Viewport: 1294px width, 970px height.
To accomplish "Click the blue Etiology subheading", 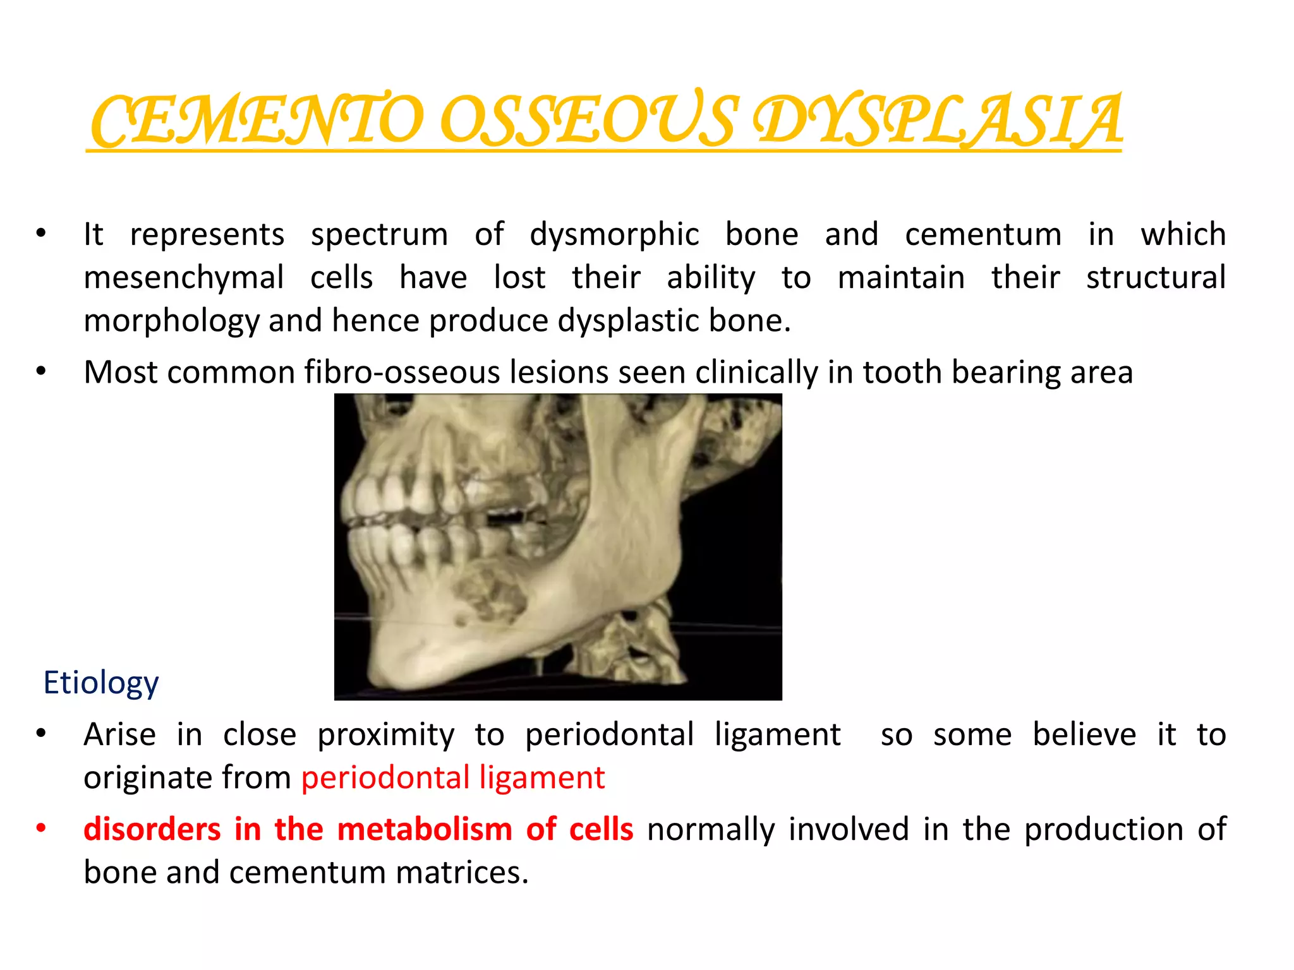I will (x=101, y=683).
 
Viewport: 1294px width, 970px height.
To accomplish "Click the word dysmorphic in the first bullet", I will (x=614, y=234).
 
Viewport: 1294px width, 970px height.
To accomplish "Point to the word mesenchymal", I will (x=184, y=278).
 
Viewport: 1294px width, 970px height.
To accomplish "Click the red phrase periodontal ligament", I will (x=452, y=777).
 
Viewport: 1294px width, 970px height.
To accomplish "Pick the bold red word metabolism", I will (x=424, y=829).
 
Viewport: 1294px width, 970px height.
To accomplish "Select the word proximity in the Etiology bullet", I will (x=385, y=734).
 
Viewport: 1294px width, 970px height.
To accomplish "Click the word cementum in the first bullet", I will (x=983, y=234).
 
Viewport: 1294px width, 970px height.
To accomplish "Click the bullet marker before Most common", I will (x=41, y=372).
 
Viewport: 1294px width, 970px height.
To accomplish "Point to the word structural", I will (x=1156, y=278).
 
